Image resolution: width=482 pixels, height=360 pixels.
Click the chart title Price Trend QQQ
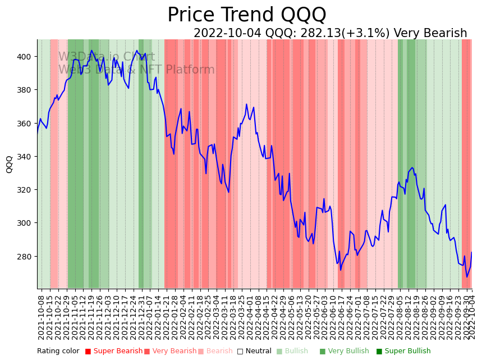tap(246, 15)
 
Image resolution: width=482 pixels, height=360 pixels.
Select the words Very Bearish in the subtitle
tap(430, 34)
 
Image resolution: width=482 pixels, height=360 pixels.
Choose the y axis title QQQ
tap(10, 164)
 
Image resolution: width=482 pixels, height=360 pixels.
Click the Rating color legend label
tap(58, 352)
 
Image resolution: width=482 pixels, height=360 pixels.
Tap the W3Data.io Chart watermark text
tap(107, 57)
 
